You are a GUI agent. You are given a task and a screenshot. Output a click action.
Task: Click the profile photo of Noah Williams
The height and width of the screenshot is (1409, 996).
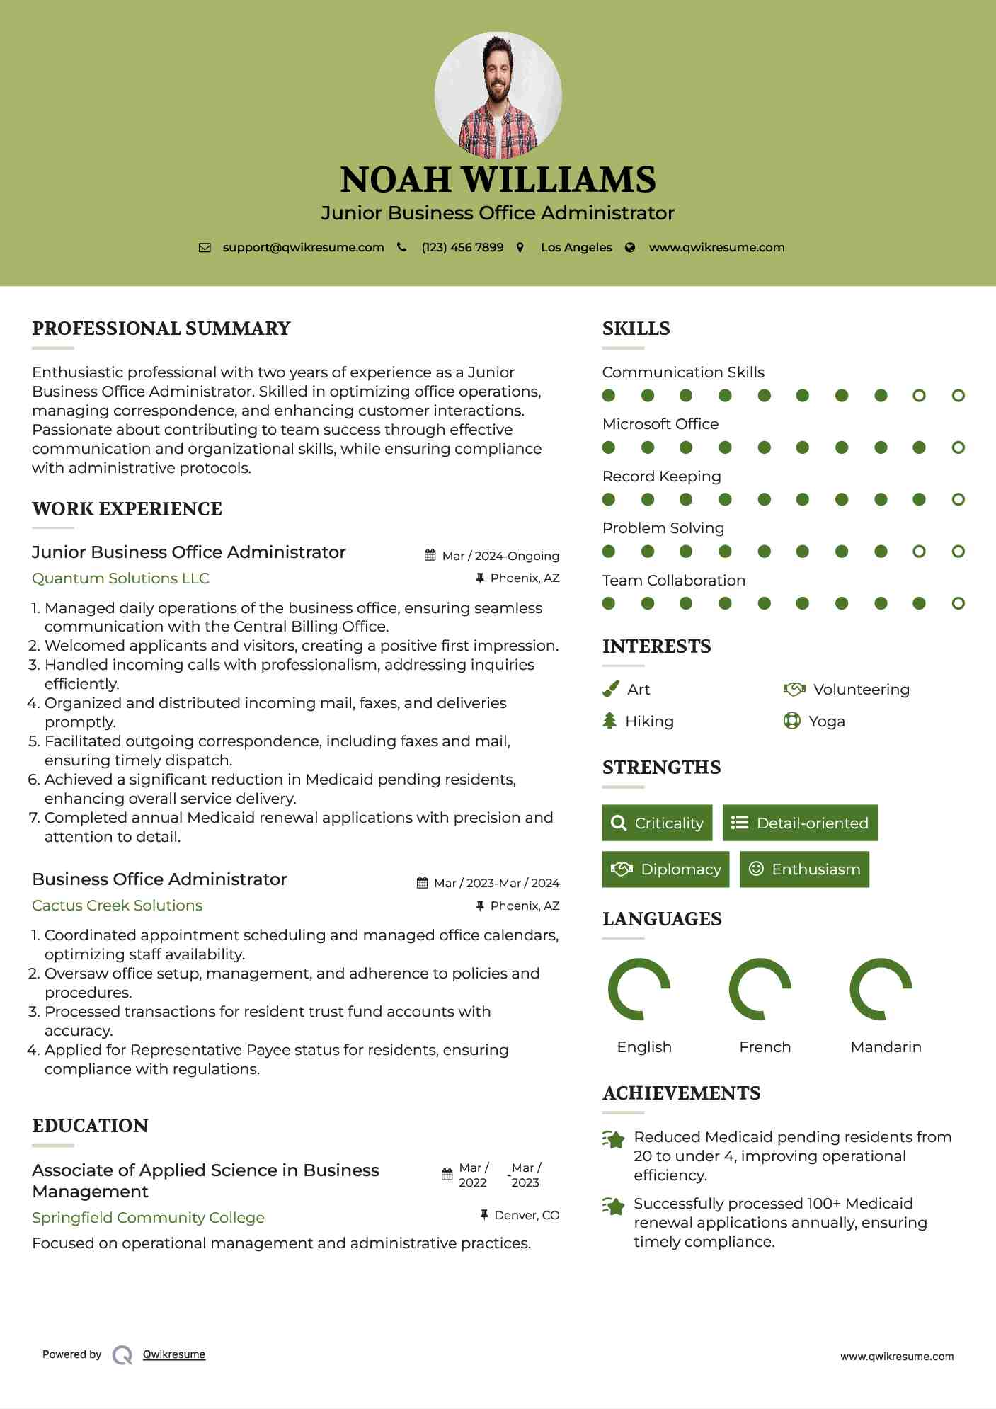498,95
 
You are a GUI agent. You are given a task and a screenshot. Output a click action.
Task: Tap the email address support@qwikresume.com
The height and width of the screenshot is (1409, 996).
303,247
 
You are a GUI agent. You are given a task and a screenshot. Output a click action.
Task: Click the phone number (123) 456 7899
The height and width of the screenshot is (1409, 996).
462,247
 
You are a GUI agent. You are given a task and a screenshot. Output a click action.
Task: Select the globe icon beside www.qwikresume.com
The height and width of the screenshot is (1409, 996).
630,247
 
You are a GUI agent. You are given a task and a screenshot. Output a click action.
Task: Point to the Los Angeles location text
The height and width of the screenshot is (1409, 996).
576,247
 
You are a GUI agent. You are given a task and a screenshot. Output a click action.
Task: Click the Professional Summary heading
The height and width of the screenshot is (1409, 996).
161,329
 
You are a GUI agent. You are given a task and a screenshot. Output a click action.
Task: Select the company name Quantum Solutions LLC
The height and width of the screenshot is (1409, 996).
120,578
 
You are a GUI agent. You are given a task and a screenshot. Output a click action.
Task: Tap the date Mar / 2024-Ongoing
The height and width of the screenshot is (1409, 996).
500,556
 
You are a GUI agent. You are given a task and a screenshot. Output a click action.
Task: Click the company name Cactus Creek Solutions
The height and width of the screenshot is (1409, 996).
117,905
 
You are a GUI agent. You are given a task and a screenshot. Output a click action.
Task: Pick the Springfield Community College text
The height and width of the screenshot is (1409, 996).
148,1217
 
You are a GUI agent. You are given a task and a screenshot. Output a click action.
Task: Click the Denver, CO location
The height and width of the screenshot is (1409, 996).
527,1215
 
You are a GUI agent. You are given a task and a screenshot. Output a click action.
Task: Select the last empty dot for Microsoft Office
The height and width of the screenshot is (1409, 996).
958,447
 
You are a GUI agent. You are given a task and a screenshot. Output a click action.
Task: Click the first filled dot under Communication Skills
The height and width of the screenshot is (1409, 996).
609,395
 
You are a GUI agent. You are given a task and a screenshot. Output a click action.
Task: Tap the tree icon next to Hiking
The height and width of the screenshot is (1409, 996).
609,721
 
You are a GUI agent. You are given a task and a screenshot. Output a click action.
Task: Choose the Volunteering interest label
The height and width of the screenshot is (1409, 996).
861,689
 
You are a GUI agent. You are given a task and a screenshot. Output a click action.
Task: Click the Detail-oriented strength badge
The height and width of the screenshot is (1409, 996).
800,823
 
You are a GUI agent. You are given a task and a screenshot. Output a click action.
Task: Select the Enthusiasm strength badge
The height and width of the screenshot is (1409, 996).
804,869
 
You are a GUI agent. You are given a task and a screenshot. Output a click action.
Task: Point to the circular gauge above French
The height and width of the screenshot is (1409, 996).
760,989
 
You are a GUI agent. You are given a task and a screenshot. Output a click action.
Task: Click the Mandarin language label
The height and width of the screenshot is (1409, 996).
886,1046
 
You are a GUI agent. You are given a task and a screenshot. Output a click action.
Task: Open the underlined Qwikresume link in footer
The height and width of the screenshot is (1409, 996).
174,1354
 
